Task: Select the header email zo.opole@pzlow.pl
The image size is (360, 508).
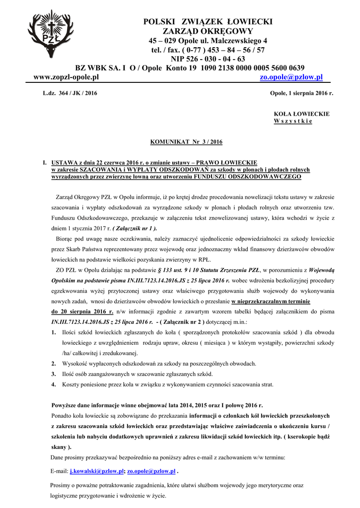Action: tap(291, 77)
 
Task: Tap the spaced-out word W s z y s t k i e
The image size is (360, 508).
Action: tap(293, 121)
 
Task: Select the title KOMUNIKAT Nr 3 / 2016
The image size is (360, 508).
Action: tap(180, 142)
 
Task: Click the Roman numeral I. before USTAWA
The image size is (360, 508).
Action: tap(45, 162)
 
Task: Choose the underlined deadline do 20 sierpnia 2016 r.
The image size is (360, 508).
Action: tap(82, 312)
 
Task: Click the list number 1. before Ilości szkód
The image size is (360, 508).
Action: tap(54, 332)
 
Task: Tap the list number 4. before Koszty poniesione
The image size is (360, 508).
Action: tap(54, 384)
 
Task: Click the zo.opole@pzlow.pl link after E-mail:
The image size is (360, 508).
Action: tap(151, 470)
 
